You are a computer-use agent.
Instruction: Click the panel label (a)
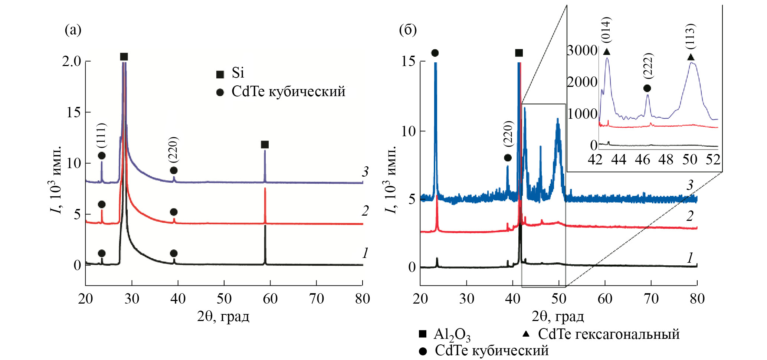pyautogui.click(x=73, y=30)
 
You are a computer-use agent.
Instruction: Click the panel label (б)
pyautogui.click(x=407, y=30)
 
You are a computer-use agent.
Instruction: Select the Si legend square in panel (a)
pyautogui.click(x=220, y=74)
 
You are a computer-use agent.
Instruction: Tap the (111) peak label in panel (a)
pyautogui.click(x=101, y=135)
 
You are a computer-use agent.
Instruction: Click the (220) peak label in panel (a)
pyautogui.click(x=173, y=150)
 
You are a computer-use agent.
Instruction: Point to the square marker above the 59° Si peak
pyautogui.click(x=265, y=144)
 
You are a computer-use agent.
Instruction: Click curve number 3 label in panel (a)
pyautogui.click(x=366, y=171)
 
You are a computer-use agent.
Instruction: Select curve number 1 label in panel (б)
pyautogui.click(x=690, y=258)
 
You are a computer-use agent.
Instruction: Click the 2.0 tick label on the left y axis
pyautogui.click(x=71, y=61)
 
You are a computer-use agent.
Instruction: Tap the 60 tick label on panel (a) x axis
pyautogui.click(x=270, y=299)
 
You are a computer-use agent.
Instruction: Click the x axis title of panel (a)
pyautogui.click(x=223, y=317)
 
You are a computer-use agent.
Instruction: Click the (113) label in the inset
pyautogui.click(x=690, y=36)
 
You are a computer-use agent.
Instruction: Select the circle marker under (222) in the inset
pyautogui.click(x=647, y=88)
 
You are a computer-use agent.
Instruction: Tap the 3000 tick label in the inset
pyautogui.click(x=582, y=50)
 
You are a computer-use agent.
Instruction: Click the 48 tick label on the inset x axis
pyautogui.click(x=666, y=160)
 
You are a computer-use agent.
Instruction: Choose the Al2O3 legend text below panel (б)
pyautogui.click(x=452, y=335)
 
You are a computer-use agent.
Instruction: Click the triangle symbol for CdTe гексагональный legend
pyautogui.click(x=526, y=334)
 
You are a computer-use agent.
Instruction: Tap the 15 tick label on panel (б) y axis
pyautogui.click(x=408, y=61)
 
